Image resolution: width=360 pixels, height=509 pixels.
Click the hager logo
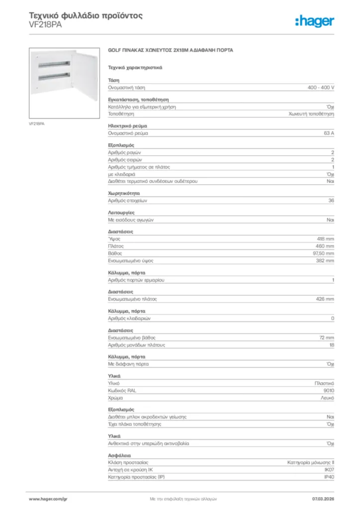click(x=314, y=20)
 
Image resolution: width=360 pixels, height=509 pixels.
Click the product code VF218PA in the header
click(x=46, y=25)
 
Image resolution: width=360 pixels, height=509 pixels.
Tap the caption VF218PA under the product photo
click(x=37, y=124)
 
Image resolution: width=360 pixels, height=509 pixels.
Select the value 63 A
click(x=329, y=133)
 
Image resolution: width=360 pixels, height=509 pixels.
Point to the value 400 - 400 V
click(x=321, y=87)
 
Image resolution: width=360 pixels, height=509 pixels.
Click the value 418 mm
click(x=326, y=239)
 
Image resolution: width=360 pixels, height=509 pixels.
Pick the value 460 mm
click(x=325, y=246)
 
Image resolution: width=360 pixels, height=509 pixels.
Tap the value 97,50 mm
click(x=323, y=254)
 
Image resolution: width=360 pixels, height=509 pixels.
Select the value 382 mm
click(x=325, y=260)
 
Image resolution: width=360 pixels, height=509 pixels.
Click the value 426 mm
click(x=325, y=299)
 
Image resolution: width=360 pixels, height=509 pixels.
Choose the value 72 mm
click(x=327, y=338)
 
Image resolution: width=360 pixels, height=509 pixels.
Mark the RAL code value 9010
click(x=329, y=391)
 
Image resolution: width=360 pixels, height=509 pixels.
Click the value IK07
click(x=329, y=469)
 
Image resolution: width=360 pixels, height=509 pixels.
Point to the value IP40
click(x=329, y=477)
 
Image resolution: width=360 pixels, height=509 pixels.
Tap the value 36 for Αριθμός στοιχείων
click(x=331, y=200)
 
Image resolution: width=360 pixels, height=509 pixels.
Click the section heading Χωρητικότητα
click(x=124, y=193)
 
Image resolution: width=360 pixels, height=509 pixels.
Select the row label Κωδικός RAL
click(x=122, y=391)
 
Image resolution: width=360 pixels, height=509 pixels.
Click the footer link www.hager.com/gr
click(x=48, y=499)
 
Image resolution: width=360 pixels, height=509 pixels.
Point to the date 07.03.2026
click(x=323, y=499)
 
